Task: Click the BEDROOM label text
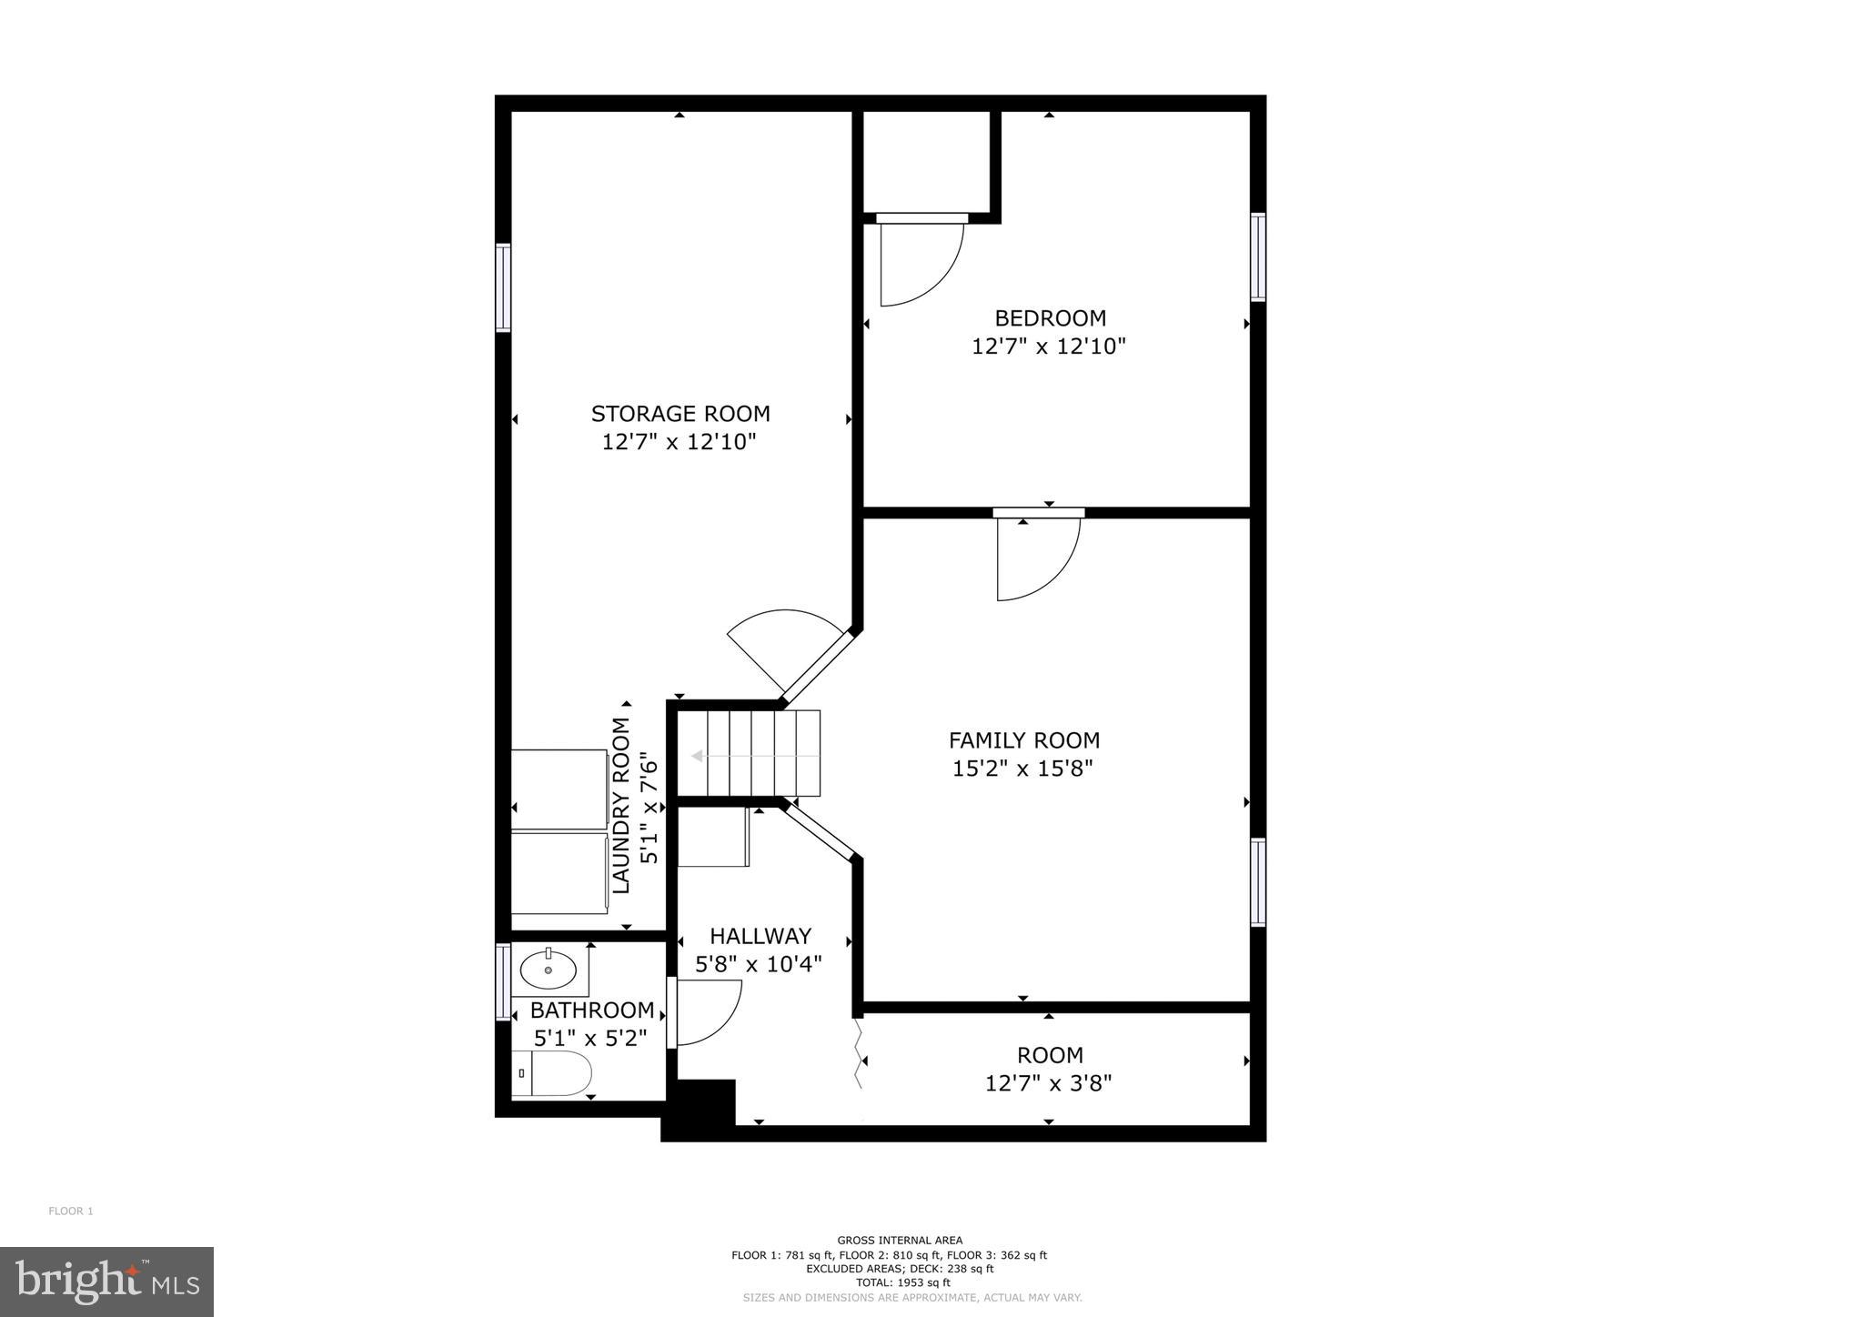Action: point(1050,318)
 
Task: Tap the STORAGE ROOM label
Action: point(680,414)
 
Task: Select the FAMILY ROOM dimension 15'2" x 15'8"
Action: point(1022,769)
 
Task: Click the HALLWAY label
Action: point(760,936)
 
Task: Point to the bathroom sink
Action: point(549,970)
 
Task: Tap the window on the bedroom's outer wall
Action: point(1258,256)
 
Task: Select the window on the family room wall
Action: point(1258,882)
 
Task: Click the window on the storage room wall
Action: point(502,287)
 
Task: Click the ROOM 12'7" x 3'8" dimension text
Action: point(1049,1083)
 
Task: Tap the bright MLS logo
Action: point(107,1281)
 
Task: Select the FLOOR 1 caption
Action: point(71,1211)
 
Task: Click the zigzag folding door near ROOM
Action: point(857,1054)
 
